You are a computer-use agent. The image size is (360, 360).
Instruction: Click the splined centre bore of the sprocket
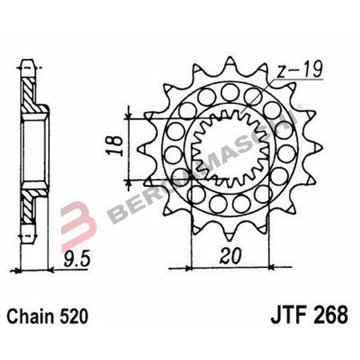pos(229,152)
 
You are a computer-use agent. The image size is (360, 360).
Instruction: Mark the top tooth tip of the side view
pos(29,62)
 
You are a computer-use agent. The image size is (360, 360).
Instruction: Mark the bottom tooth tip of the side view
pos(29,240)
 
